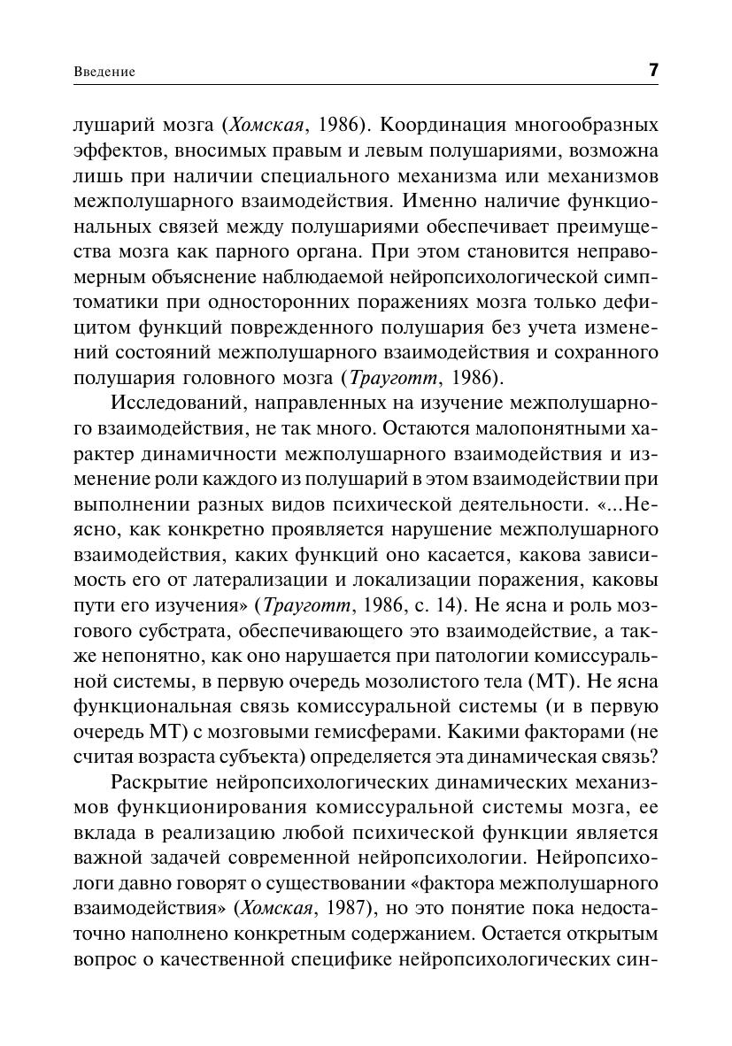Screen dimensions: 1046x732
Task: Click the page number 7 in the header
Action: [x=653, y=71]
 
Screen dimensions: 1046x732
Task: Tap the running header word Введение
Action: [x=104, y=73]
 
